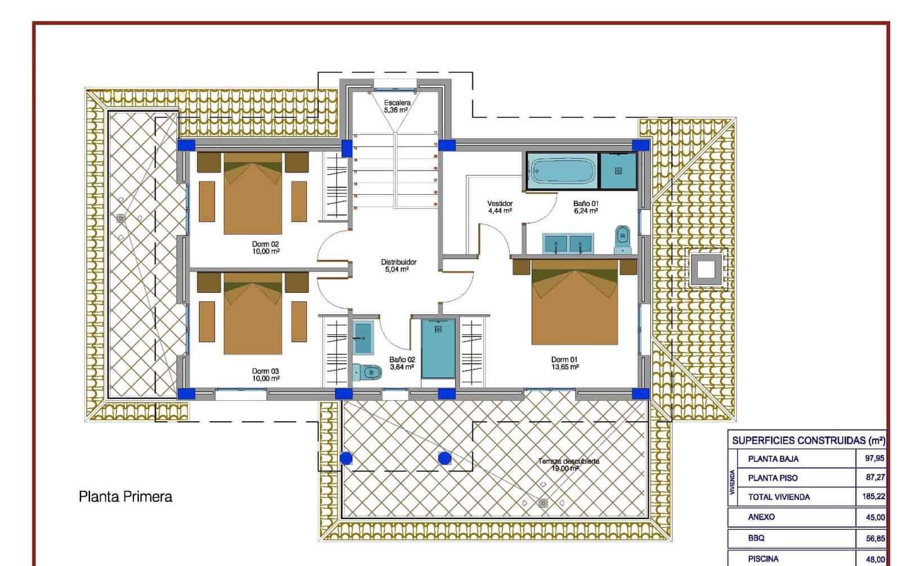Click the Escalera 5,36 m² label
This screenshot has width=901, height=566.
pyautogui.click(x=397, y=106)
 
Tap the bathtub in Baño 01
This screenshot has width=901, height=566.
pyautogui.click(x=562, y=171)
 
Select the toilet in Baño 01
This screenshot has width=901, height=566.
pyautogui.click(x=622, y=240)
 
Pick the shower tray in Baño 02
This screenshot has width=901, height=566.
pyautogui.click(x=438, y=349)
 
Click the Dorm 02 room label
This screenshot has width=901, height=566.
pyautogui.click(x=266, y=248)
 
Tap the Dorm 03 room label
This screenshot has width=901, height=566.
pyautogui.click(x=266, y=375)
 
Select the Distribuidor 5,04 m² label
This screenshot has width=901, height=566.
pyautogui.click(x=399, y=266)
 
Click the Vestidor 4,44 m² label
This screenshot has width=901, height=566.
pyautogui.click(x=499, y=207)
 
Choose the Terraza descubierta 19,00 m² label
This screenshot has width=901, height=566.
pyautogui.click(x=568, y=465)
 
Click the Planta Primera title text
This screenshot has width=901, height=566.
pyautogui.click(x=125, y=497)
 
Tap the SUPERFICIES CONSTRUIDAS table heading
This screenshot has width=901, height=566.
pyautogui.click(x=808, y=440)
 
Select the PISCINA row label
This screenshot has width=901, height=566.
pyautogui.click(x=763, y=559)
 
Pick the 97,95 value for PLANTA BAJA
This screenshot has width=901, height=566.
pyautogui.click(x=875, y=458)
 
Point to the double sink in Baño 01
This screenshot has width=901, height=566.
pyautogui.click(x=568, y=243)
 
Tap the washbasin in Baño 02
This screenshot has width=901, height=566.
pyautogui.click(x=363, y=337)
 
